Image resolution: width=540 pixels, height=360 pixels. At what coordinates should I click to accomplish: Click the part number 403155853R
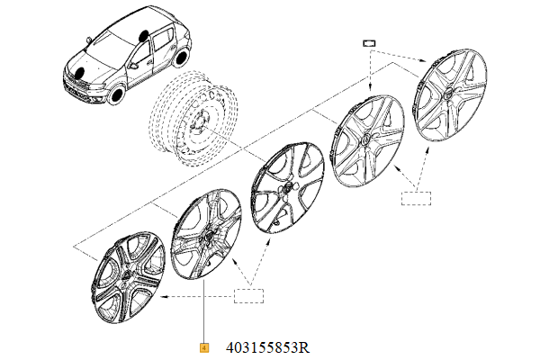pyautogui.click(x=267, y=347)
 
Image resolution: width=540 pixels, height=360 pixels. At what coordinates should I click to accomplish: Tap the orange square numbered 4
pyautogui.click(x=204, y=348)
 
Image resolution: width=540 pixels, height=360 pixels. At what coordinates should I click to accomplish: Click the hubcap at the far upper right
pyautogui.click(x=449, y=95)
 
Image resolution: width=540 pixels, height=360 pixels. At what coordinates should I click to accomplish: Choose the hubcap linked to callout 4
pyautogui.click(x=206, y=234)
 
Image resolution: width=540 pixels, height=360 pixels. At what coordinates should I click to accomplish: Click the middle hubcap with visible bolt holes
pyautogui.click(x=288, y=187)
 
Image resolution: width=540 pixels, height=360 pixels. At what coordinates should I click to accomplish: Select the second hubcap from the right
pyautogui.click(x=367, y=141)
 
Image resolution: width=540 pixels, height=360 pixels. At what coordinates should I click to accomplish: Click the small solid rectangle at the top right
pyautogui.click(x=369, y=43)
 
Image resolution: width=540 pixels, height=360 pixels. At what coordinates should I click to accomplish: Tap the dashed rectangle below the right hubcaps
pyautogui.click(x=416, y=198)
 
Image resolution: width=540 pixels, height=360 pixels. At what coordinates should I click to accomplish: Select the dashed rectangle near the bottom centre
pyautogui.click(x=248, y=296)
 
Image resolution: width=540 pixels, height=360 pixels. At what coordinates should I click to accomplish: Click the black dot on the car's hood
pyautogui.click(x=80, y=72)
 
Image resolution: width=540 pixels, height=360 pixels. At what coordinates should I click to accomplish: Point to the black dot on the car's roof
pyautogui.click(x=143, y=35)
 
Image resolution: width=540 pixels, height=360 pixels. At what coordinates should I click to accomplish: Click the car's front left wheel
pyautogui.click(x=116, y=94)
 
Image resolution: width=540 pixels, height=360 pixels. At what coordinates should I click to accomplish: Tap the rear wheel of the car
pyautogui.click(x=181, y=58)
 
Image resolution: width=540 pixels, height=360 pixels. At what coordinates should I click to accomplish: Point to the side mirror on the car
pyautogui.click(x=133, y=65)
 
